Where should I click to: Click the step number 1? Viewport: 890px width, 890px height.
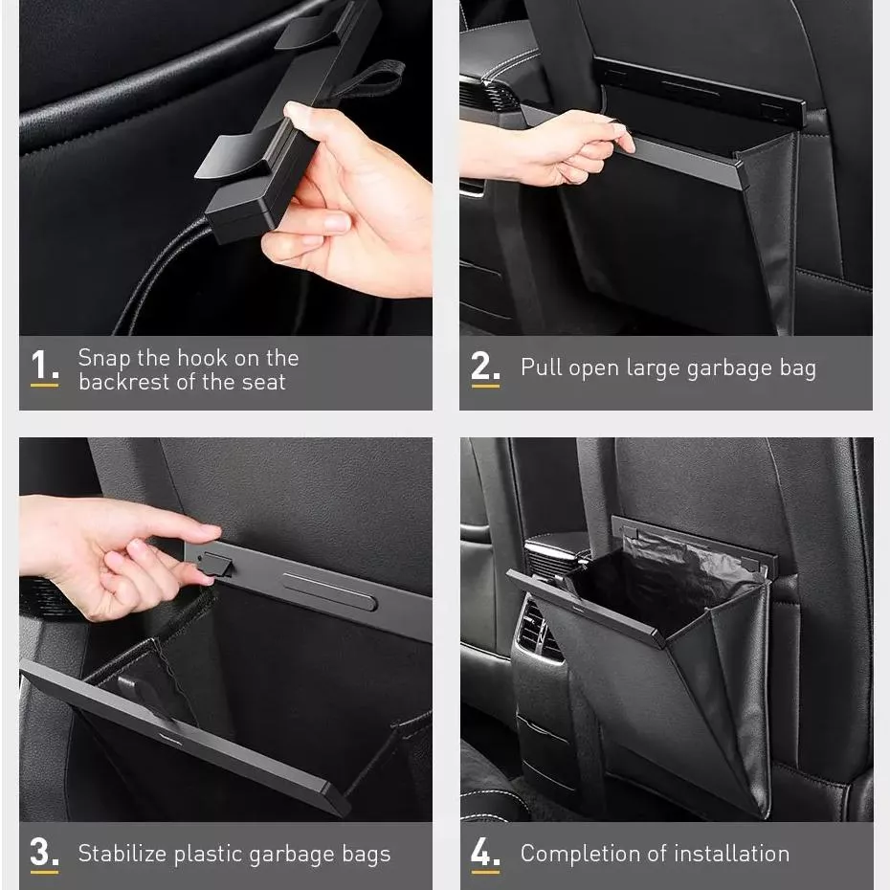[44, 364]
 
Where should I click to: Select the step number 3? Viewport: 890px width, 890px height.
[44, 852]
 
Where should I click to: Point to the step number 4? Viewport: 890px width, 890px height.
[485, 852]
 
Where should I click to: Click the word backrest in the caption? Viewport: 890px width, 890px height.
[124, 382]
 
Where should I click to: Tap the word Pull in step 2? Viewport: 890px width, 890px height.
[541, 367]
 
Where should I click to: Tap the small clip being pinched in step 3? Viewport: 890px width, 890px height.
[216, 565]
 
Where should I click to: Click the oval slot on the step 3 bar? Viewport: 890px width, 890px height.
[329, 591]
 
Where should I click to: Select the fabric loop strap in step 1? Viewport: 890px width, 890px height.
[369, 79]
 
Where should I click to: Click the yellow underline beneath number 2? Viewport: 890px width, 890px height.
[485, 386]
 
